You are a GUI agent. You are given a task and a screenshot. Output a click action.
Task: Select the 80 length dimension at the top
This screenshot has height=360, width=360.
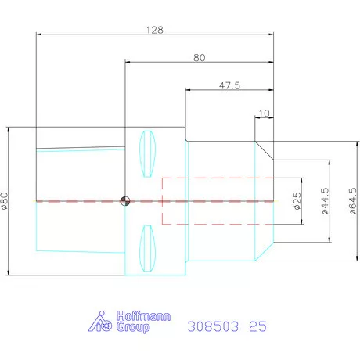[x=199, y=57]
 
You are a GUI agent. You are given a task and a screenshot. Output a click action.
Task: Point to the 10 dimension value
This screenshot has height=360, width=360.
[x=264, y=113]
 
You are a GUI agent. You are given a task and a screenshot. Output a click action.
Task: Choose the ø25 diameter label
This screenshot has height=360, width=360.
[x=297, y=201]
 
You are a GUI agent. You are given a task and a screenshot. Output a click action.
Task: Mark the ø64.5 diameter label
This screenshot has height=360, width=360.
[x=353, y=201]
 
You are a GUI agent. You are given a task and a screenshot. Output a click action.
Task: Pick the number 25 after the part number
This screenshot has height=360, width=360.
[x=257, y=326]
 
